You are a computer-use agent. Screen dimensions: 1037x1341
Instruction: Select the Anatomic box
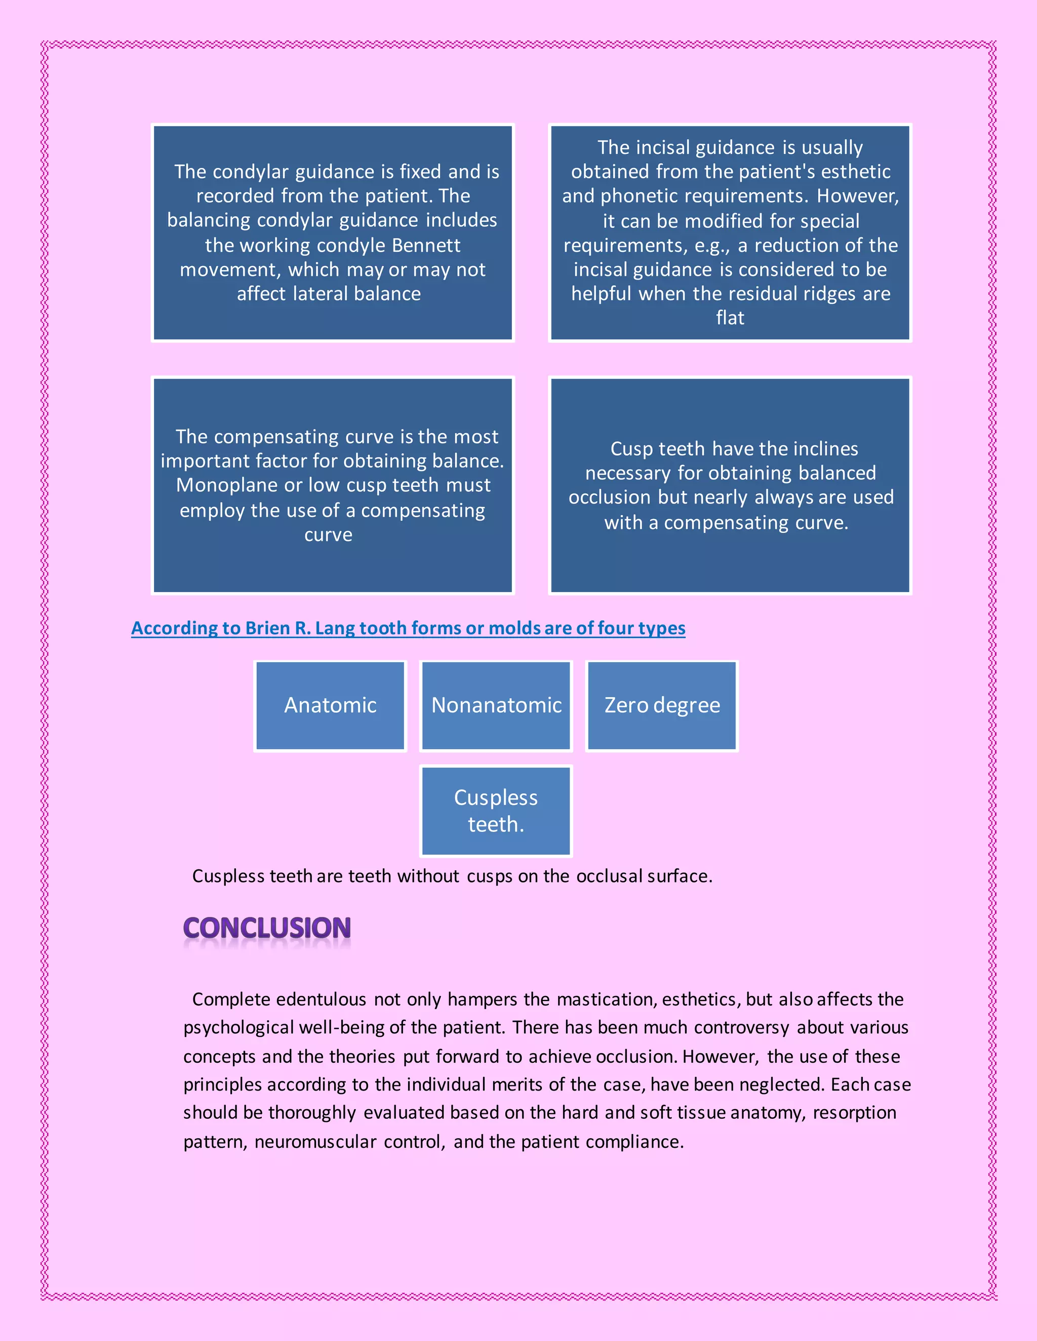click(330, 705)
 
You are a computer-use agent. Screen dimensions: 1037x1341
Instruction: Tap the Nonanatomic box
click(496, 705)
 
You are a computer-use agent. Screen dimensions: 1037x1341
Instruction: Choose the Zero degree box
click(662, 705)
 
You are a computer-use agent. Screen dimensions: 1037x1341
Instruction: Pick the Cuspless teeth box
click(496, 811)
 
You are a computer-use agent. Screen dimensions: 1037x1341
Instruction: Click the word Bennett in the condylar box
click(426, 245)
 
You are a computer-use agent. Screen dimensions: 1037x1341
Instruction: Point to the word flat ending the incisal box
click(730, 318)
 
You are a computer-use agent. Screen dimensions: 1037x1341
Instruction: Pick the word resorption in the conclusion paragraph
click(855, 1113)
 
